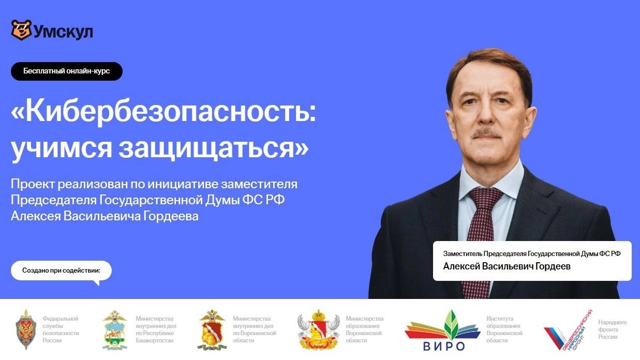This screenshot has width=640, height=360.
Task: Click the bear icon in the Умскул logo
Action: (21, 30)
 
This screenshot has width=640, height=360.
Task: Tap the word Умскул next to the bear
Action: (63, 32)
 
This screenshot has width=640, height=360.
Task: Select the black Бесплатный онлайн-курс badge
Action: (67, 71)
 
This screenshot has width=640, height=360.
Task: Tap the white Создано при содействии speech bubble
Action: (61, 271)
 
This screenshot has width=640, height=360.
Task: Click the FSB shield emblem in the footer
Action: (25, 329)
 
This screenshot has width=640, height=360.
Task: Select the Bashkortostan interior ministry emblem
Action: (114, 330)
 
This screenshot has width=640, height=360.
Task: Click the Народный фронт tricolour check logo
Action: (568, 330)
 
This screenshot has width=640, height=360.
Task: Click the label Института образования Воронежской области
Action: (504, 329)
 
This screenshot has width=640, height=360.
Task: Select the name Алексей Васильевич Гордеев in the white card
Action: (507, 266)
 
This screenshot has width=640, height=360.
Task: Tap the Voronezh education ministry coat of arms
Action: (318, 329)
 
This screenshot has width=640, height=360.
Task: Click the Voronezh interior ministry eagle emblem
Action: (211, 329)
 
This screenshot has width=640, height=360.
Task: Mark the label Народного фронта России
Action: (612, 329)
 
